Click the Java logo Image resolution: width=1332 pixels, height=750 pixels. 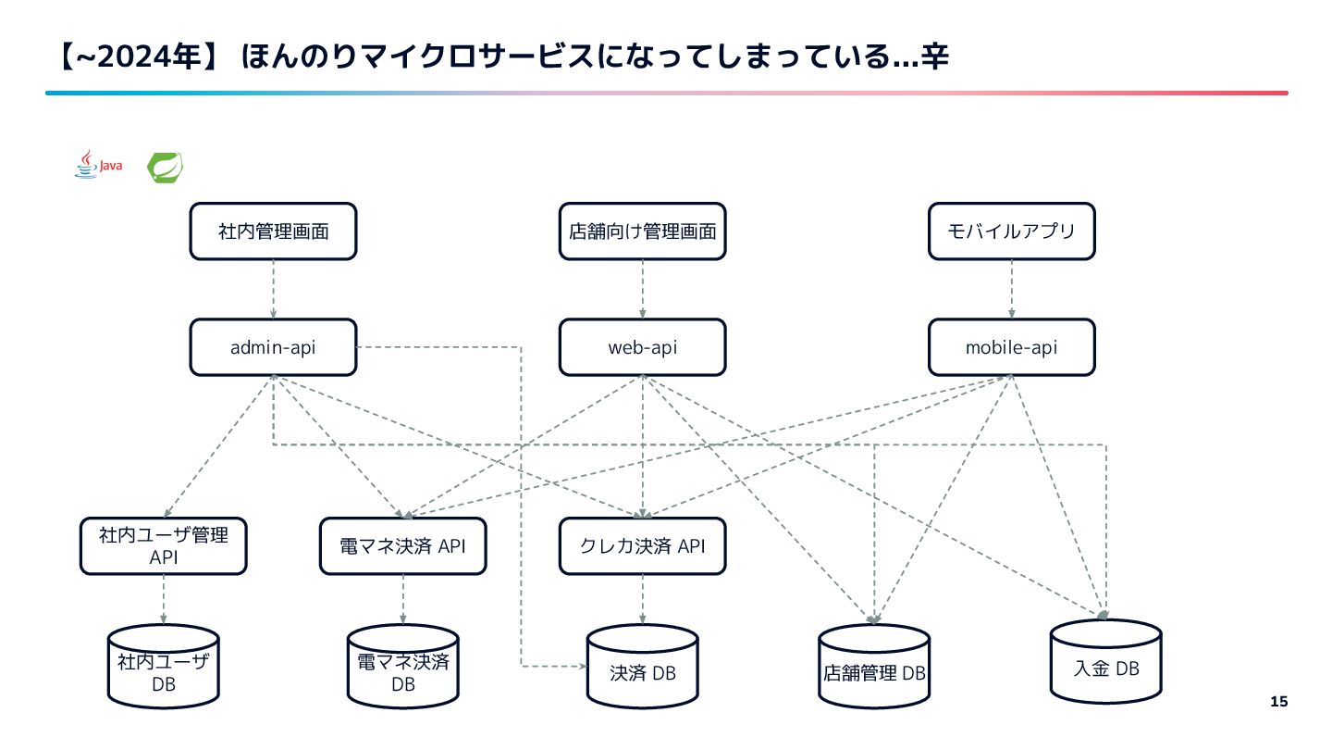98,166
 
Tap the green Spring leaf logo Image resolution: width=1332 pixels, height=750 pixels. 165,167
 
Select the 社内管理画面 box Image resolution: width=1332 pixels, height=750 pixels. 273,231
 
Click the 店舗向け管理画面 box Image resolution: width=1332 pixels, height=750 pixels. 642,231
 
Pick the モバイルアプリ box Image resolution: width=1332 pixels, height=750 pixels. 1011,231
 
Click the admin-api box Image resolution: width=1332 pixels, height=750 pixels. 273,347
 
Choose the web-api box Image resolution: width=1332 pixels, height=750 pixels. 642,347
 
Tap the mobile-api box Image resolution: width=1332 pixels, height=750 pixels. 1011,347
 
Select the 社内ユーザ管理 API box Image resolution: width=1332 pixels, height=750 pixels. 163,545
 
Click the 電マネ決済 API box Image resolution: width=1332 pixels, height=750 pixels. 402,545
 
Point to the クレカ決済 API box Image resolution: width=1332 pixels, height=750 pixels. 642,545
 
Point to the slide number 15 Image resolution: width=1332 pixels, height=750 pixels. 1278,701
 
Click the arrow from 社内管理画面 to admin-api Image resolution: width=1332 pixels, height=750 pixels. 273,289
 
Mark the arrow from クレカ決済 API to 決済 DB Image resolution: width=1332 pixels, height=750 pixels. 642,598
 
